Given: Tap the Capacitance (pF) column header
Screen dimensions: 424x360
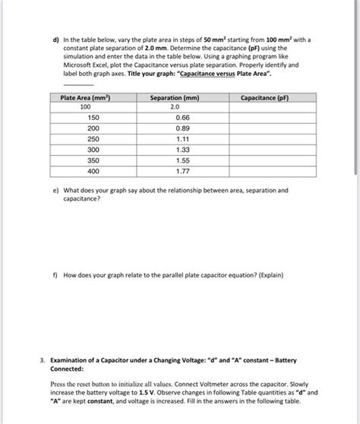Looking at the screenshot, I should point(264,98).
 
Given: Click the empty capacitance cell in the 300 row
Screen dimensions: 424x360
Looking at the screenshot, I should point(264,150).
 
